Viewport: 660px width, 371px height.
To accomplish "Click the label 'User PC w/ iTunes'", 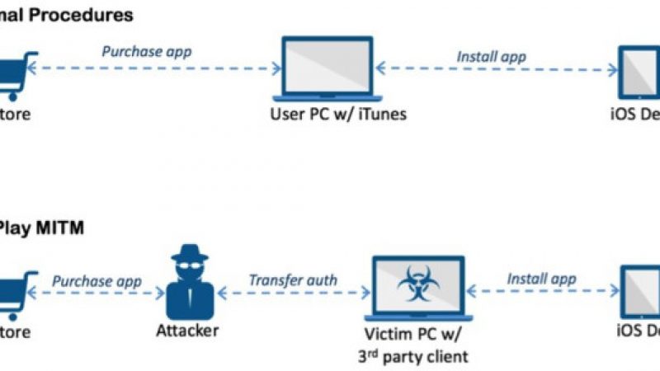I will [x=338, y=114].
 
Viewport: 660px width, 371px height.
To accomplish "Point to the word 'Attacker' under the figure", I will [x=187, y=331].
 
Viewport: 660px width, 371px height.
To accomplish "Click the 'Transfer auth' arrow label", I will [x=293, y=279].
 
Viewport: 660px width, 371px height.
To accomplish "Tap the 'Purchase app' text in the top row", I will [x=146, y=51].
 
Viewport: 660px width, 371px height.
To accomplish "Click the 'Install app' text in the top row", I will [x=491, y=57].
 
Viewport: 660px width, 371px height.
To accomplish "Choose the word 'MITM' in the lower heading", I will [x=67, y=228].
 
